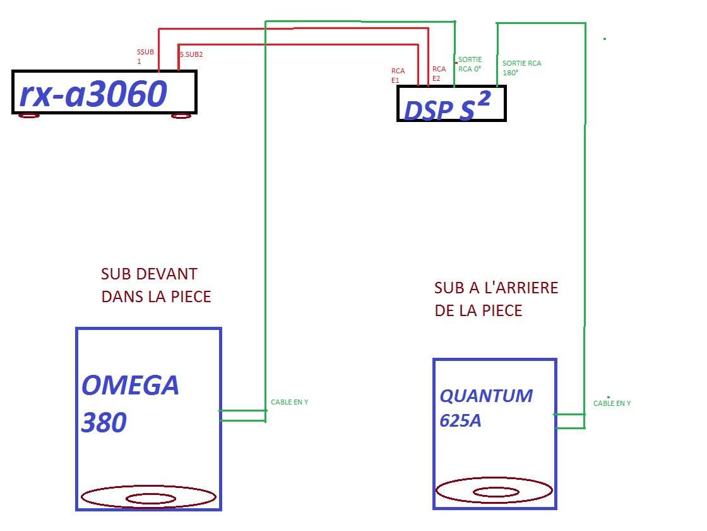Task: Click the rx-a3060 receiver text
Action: [93, 94]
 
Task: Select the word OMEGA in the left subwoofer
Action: [130, 385]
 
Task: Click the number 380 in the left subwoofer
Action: [104, 423]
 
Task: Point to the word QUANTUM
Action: [486, 396]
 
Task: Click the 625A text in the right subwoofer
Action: [460, 420]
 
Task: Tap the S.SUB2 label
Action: [191, 54]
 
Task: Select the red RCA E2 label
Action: [439, 73]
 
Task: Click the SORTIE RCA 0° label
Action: [470, 64]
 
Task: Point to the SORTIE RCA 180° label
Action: [521, 68]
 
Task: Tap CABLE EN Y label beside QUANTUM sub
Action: [612, 403]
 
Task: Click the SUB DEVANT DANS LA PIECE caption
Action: [155, 285]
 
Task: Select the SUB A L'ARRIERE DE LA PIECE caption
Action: [496, 299]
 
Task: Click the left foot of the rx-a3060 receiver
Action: [29, 115]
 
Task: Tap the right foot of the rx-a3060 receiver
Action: [181, 115]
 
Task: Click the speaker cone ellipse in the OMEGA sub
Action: [149, 497]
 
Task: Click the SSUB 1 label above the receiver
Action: [145, 56]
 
